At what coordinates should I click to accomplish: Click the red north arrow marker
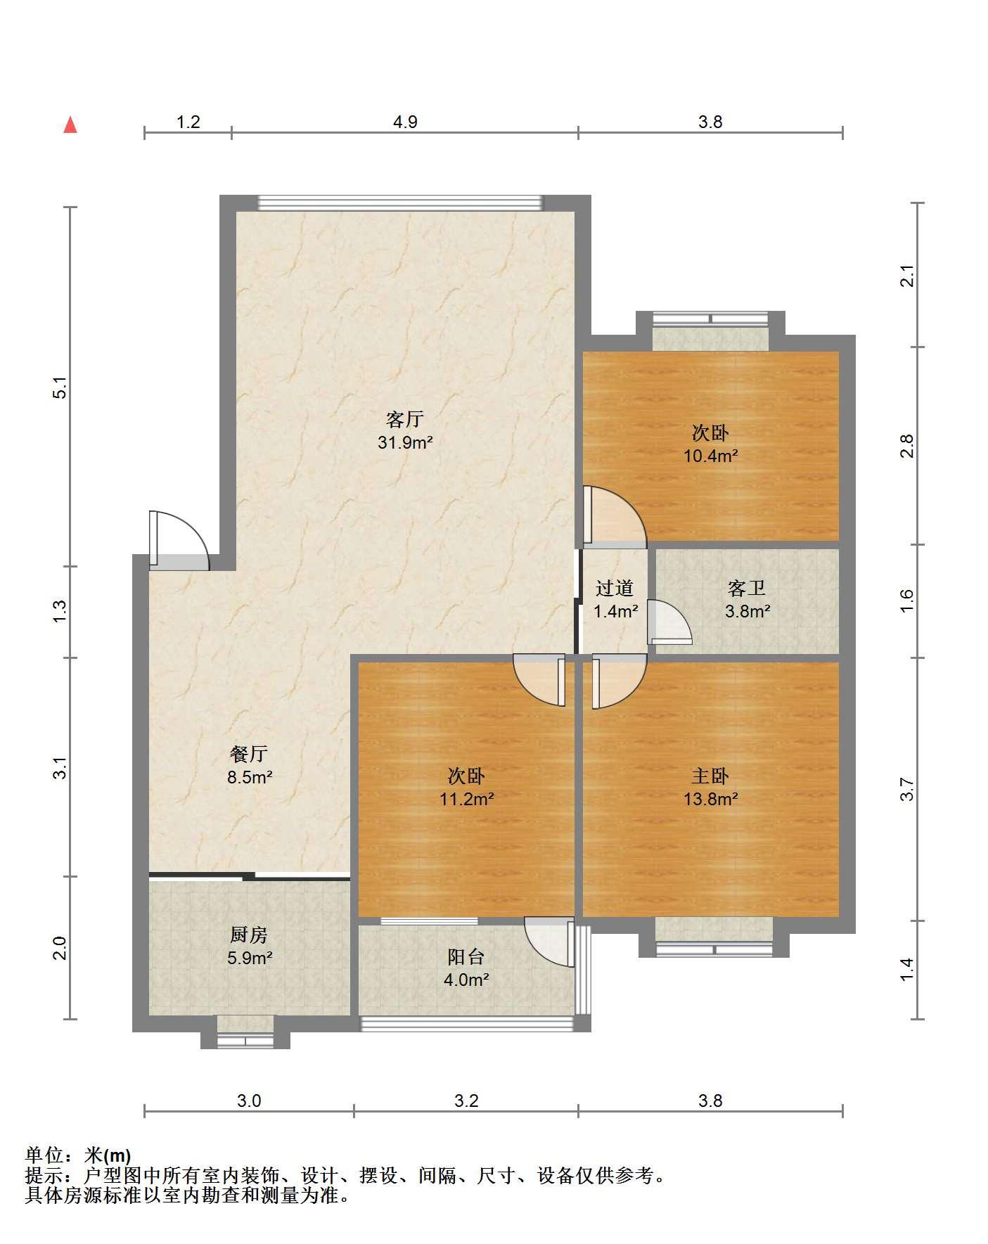click(x=70, y=125)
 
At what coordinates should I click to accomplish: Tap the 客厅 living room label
click(x=404, y=419)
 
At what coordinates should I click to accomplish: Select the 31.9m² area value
click(x=405, y=442)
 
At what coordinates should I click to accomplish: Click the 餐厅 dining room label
click(x=249, y=754)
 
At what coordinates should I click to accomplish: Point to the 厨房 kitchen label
click(x=249, y=935)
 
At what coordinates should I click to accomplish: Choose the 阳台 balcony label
click(x=466, y=956)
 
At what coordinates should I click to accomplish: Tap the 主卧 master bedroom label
click(x=710, y=776)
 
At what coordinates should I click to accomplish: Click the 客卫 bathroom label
click(x=747, y=587)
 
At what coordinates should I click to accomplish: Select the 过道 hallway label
click(x=615, y=587)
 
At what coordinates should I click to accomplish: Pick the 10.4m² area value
click(x=711, y=455)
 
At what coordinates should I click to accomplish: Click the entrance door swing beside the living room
click(x=179, y=540)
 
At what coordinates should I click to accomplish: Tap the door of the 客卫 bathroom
click(x=669, y=622)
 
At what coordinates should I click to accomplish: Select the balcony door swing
click(x=550, y=942)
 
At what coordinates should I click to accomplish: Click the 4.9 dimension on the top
click(x=405, y=122)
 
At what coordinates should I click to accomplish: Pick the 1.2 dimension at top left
click(x=188, y=122)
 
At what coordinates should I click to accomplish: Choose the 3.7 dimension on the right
click(x=907, y=789)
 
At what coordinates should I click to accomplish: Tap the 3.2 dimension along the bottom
click(x=466, y=1101)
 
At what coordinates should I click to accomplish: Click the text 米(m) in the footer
click(x=108, y=1155)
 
